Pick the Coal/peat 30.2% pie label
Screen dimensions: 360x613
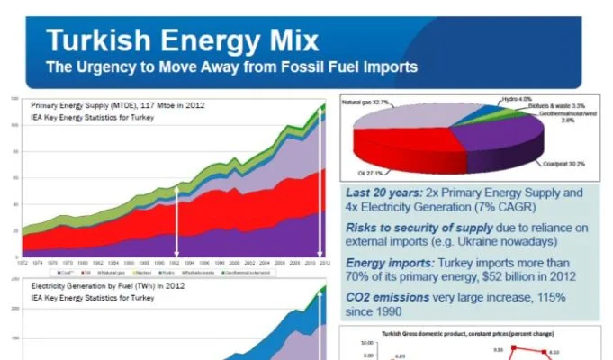563,163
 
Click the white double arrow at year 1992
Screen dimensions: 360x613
176,221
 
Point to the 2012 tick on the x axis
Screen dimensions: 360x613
320,263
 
